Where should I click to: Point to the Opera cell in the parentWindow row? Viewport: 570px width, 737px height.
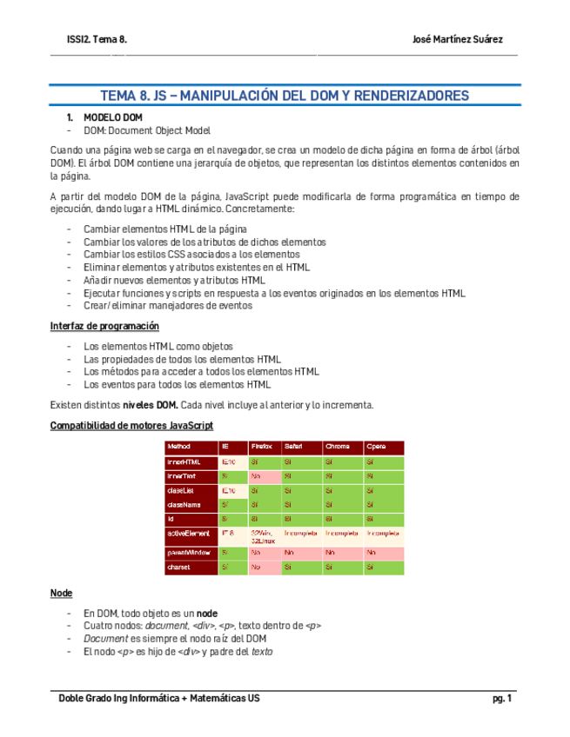pos(384,553)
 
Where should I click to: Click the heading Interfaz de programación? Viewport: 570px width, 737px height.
pos(104,326)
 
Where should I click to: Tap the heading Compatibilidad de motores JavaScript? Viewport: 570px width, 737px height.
pos(131,425)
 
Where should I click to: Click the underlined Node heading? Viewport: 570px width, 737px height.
pos(61,593)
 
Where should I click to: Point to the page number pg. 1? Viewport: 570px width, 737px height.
pos(501,699)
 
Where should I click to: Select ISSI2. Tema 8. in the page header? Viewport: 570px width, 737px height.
pos(97,39)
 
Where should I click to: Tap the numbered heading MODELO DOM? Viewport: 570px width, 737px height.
pos(112,117)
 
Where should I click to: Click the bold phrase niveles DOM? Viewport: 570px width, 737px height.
pos(150,405)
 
